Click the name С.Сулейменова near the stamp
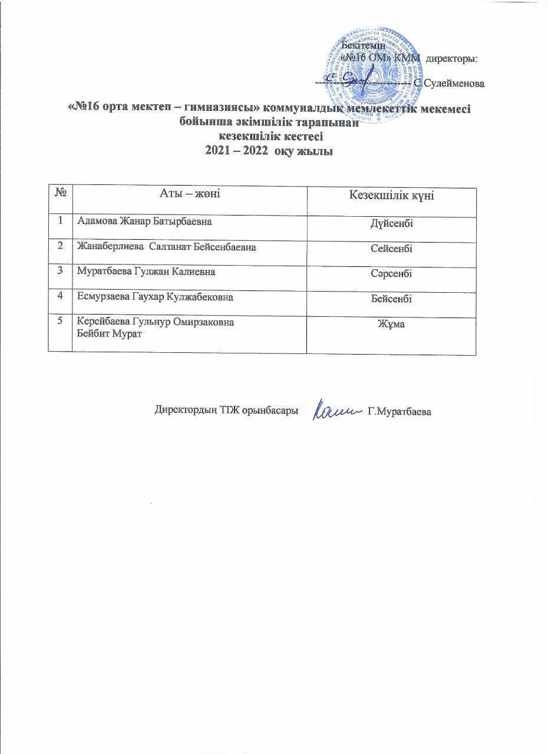click(x=449, y=84)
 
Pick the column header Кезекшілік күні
click(x=392, y=196)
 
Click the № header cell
click(x=60, y=193)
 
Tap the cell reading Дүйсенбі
click(x=391, y=224)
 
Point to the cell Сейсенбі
click(x=391, y=249)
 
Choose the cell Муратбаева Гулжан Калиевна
click(x=146, y=272)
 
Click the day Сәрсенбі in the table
click(x=391, y=274)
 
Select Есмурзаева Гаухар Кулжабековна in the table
click(x=155, y=297)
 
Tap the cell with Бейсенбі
click(x=391, y=299)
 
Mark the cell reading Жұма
click(x=391, y=324)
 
